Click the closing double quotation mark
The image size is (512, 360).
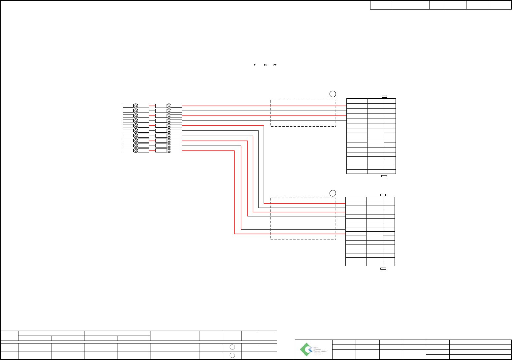(x=275, y=65)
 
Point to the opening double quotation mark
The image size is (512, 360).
(x=265, y=65)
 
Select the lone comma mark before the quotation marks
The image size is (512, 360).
(x=255, y=65)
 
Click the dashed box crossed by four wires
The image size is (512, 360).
(x=303, y=113)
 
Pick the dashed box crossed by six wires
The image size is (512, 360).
(x=303, y=218)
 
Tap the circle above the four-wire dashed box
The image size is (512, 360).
(x=333, y=93)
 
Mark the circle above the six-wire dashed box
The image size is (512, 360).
(x=333, y=193)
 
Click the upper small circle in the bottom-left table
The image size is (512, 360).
(x=232, y=347)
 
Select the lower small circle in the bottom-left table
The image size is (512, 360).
(x=232, y=355)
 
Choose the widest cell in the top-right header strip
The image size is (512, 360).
(x=410, y=5)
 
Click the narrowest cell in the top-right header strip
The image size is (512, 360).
(x=436, y=5)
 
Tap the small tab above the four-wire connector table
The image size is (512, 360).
(x=384, y=96)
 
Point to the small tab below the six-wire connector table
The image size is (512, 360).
(x=383, y=269)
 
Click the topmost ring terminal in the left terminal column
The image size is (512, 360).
(x=136, y=106)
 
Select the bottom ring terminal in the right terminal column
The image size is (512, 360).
(x=169, y=150)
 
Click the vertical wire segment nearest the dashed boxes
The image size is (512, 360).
(x=264, y=164)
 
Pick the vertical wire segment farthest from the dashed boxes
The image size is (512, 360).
(x=235, y=192)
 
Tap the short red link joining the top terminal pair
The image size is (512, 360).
(x=152, y=106)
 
